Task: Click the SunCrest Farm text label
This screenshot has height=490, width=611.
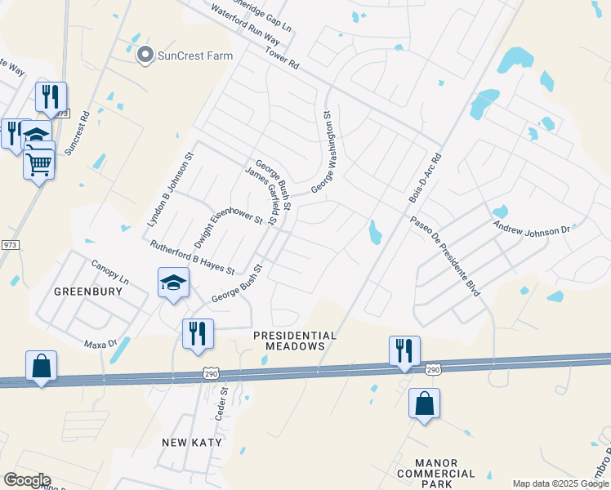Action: tap(195, 56)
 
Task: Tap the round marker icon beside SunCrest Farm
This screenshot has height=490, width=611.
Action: tap(146, 56)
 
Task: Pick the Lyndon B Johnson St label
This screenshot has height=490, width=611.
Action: tap(169, 189)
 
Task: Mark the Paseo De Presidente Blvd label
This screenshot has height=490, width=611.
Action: tap(445, 256)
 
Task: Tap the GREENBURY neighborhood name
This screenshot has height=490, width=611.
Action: tap(82, 291)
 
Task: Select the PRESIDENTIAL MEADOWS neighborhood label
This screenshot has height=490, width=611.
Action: tap(295, 341)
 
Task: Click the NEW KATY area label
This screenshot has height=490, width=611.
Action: tap(187, 442)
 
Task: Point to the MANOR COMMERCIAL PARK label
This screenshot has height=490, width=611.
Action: tap(435, 473)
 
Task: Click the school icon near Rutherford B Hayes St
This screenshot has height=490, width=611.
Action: tap(173, 283)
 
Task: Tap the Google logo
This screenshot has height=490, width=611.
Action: tap(27, 480)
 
